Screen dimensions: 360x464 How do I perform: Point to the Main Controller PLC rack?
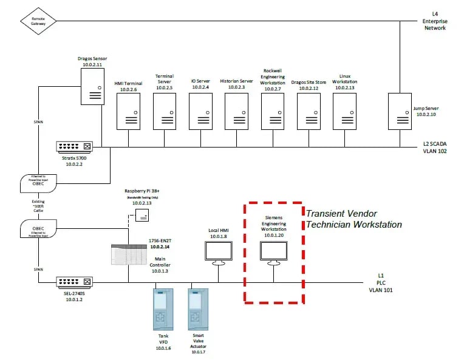pos(128,254)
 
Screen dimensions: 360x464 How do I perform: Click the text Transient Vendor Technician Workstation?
pos(353,219)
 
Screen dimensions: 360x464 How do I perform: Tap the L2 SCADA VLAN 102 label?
pos(435,148)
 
